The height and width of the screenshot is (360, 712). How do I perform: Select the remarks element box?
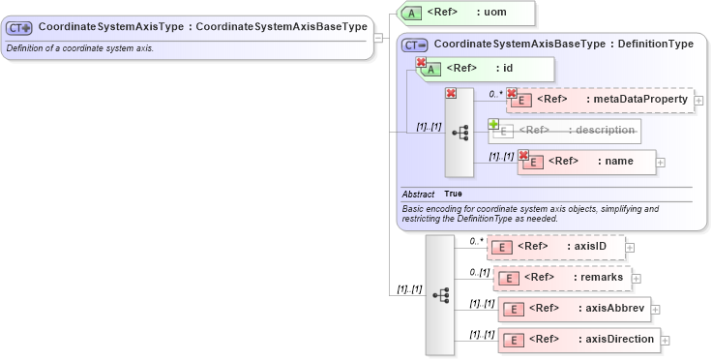point(561,278)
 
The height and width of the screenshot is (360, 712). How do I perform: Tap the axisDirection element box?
point(578,339)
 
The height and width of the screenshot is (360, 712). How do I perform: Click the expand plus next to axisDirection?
point(666,340)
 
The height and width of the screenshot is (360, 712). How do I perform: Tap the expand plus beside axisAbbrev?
point(656,310)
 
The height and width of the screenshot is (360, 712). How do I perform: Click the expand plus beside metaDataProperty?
point(698,100)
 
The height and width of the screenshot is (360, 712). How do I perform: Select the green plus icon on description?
point(493,124)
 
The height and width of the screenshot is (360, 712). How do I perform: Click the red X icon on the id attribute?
point(421,63)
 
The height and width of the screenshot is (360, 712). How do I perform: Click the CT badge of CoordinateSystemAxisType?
point(20,28)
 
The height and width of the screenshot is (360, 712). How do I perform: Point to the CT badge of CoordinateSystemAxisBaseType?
point(415,45)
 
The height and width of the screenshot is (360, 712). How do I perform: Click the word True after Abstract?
point(453,194)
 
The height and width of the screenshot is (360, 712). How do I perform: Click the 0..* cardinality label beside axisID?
point(476,241)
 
